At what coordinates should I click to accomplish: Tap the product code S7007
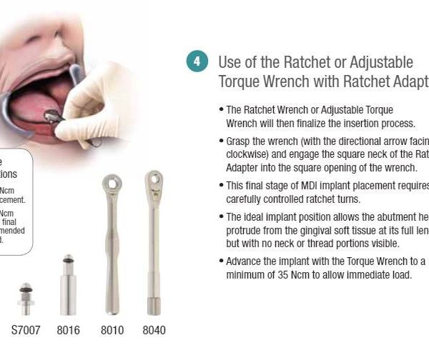click(26, 331)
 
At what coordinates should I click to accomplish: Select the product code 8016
click(68, 331)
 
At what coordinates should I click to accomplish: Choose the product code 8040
click(154, 331)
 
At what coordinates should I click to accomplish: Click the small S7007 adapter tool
click(26, 297)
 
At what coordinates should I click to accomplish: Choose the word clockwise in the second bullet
click(247, 153)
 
